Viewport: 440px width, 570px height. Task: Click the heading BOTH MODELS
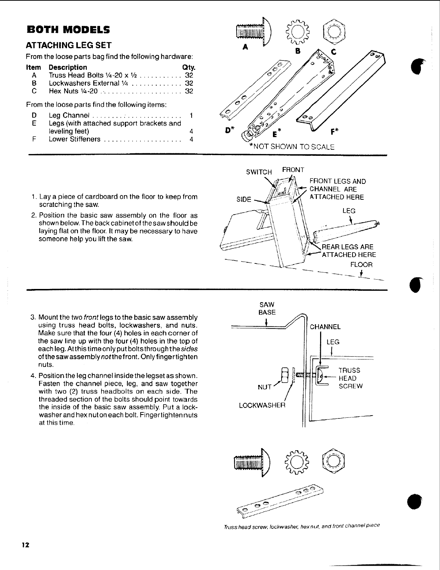tap(68, 29)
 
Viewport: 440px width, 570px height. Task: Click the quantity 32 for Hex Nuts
tap(189, 91)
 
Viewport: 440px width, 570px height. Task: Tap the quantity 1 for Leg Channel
tap(191, 116)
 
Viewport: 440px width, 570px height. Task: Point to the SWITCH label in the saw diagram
tap(259, 172)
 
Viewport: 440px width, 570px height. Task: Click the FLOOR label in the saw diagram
tap(361, 265)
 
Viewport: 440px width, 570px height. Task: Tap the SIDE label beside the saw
tap(243, 199)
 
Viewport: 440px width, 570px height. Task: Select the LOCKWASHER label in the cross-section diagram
tap(262, 406)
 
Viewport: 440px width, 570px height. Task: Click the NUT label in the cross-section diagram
tap(264, 387)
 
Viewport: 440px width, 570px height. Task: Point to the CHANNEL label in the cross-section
tap(325, 327)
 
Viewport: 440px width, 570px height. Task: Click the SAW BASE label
tap(267, 308)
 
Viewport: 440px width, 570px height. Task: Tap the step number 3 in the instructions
tap(32, 317)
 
